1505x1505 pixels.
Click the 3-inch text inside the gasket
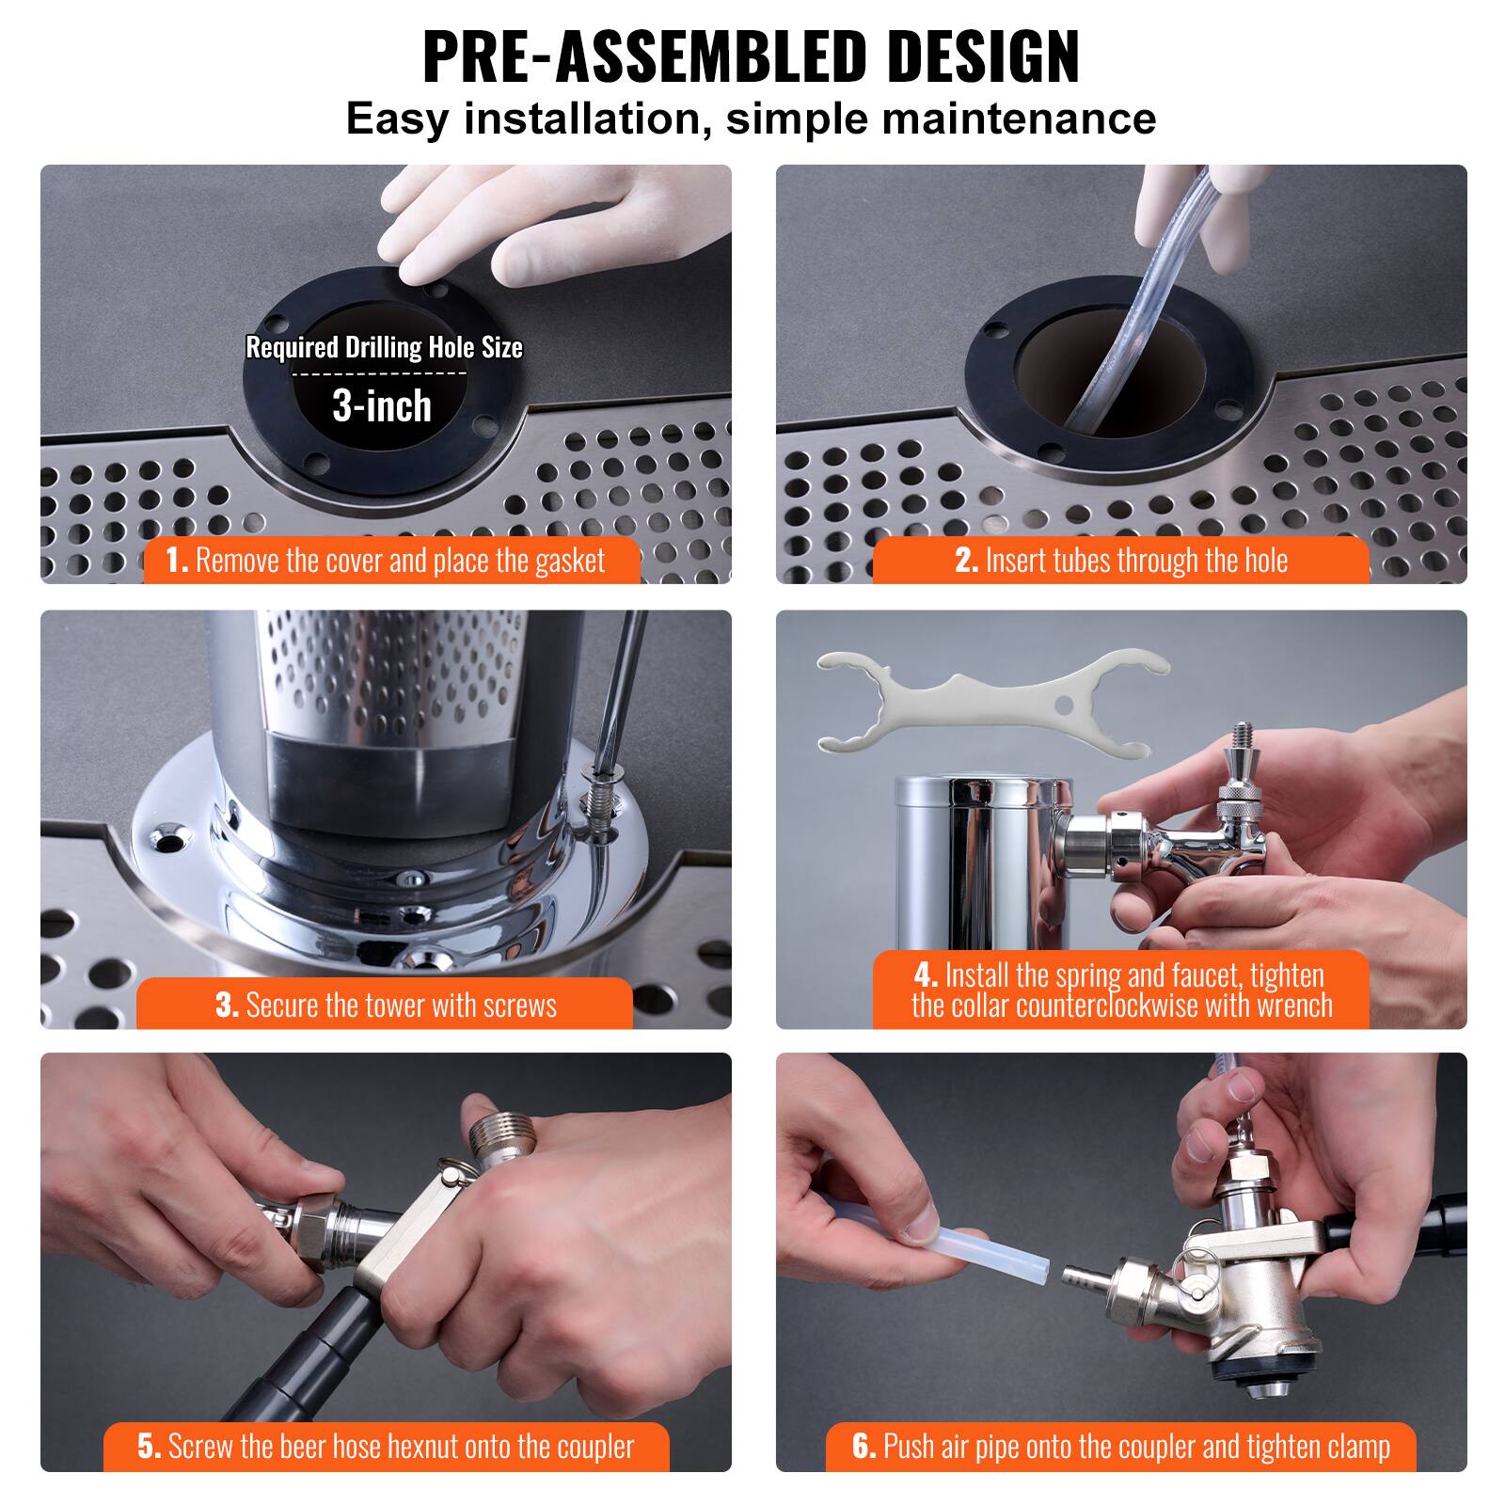click(382, 406)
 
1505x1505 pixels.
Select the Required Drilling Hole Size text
click(384, 348)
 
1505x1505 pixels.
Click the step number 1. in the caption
click(177, 561)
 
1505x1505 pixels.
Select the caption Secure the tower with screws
click(401, 1006)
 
